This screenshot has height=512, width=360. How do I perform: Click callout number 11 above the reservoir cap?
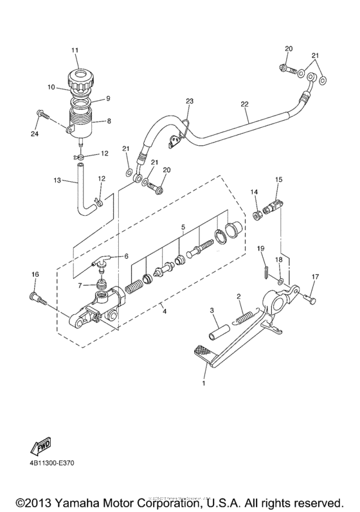point(75,49)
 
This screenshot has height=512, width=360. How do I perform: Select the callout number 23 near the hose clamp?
point(189,102)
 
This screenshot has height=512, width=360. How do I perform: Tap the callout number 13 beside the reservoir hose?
point(57,182)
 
